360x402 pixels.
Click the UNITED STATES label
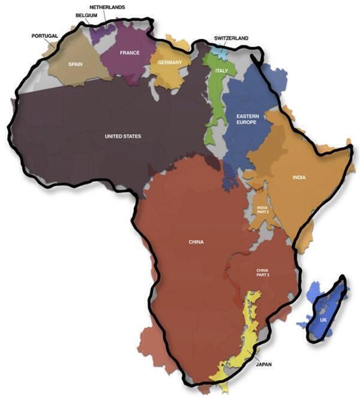[x=123, y=136]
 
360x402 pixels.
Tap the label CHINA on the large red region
[x=196, y=242]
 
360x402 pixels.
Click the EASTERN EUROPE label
[x=247, y=118]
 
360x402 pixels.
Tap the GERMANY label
[x=170, y=62]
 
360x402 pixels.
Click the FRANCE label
[x=129, y=53]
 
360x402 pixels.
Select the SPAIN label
[x=75, y=64]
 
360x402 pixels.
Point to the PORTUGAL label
[x=44, y=36]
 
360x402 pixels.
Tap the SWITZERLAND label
[x=231, y=38]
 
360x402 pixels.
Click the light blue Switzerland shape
[x=221, y=53]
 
